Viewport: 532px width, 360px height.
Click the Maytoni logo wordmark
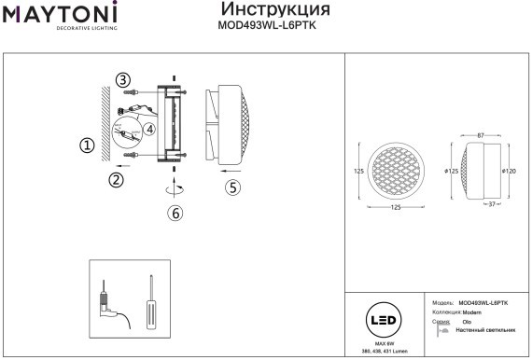tap(58, 14)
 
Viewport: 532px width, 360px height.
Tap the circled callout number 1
tap(87, 145)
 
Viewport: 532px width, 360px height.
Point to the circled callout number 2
tap(117, 180)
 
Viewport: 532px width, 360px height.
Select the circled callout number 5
tap(233, 187)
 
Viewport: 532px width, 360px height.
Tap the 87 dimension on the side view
tap(480, 136)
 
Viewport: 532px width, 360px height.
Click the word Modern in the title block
tap(471, 312)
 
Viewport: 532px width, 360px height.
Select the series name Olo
tap(467, 322)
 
